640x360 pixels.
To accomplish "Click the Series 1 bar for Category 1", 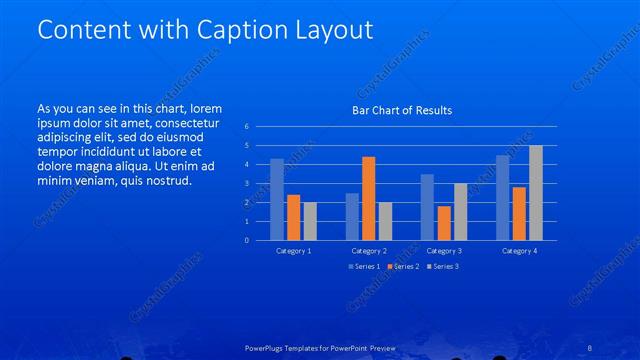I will tap(277, 199).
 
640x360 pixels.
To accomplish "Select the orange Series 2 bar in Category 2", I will tap(368, 198).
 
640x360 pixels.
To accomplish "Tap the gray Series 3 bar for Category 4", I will tap(535, 192).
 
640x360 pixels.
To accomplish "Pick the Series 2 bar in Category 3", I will tap(444, 222).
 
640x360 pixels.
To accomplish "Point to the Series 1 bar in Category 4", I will tap(503, 197).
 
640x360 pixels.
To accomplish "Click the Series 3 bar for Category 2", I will tap(384, 221).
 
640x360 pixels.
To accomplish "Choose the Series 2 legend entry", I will tap(401, 267).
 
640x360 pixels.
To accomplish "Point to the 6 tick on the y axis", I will tap(247, 127).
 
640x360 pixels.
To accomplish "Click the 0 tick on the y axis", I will tap(247, 240).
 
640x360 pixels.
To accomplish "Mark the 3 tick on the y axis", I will tap(247, 184).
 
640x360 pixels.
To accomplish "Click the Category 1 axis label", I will tap(293, 250).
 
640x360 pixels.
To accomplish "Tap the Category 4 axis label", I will tap(519, 250).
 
